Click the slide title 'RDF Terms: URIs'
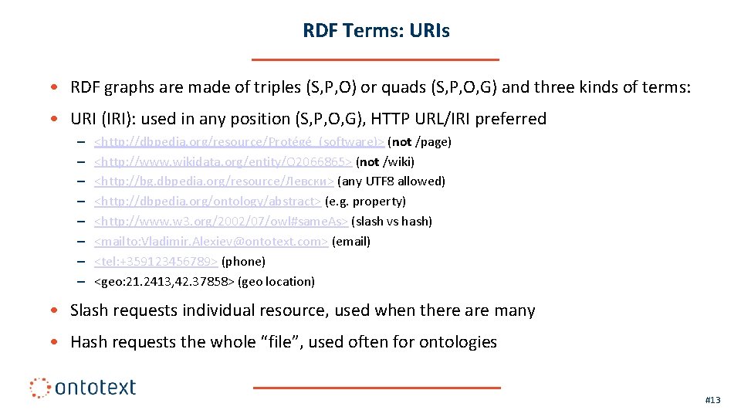coord(376,31)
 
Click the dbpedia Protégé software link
coord(239,142)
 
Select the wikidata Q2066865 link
coord(223,162)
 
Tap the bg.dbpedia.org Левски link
coord(214,181)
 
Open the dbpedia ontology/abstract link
coord(208,202)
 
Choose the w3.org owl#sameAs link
coord(221,222)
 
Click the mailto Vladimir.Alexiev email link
coord(211,242)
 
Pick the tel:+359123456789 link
coord(156,262)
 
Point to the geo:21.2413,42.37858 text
coord(164,282)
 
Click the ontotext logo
coord(83,387)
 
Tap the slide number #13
coord(712,400)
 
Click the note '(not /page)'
coord(419,142)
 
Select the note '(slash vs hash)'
coord(391,222)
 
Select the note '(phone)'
coord(243,262)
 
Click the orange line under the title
coord(376,59)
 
